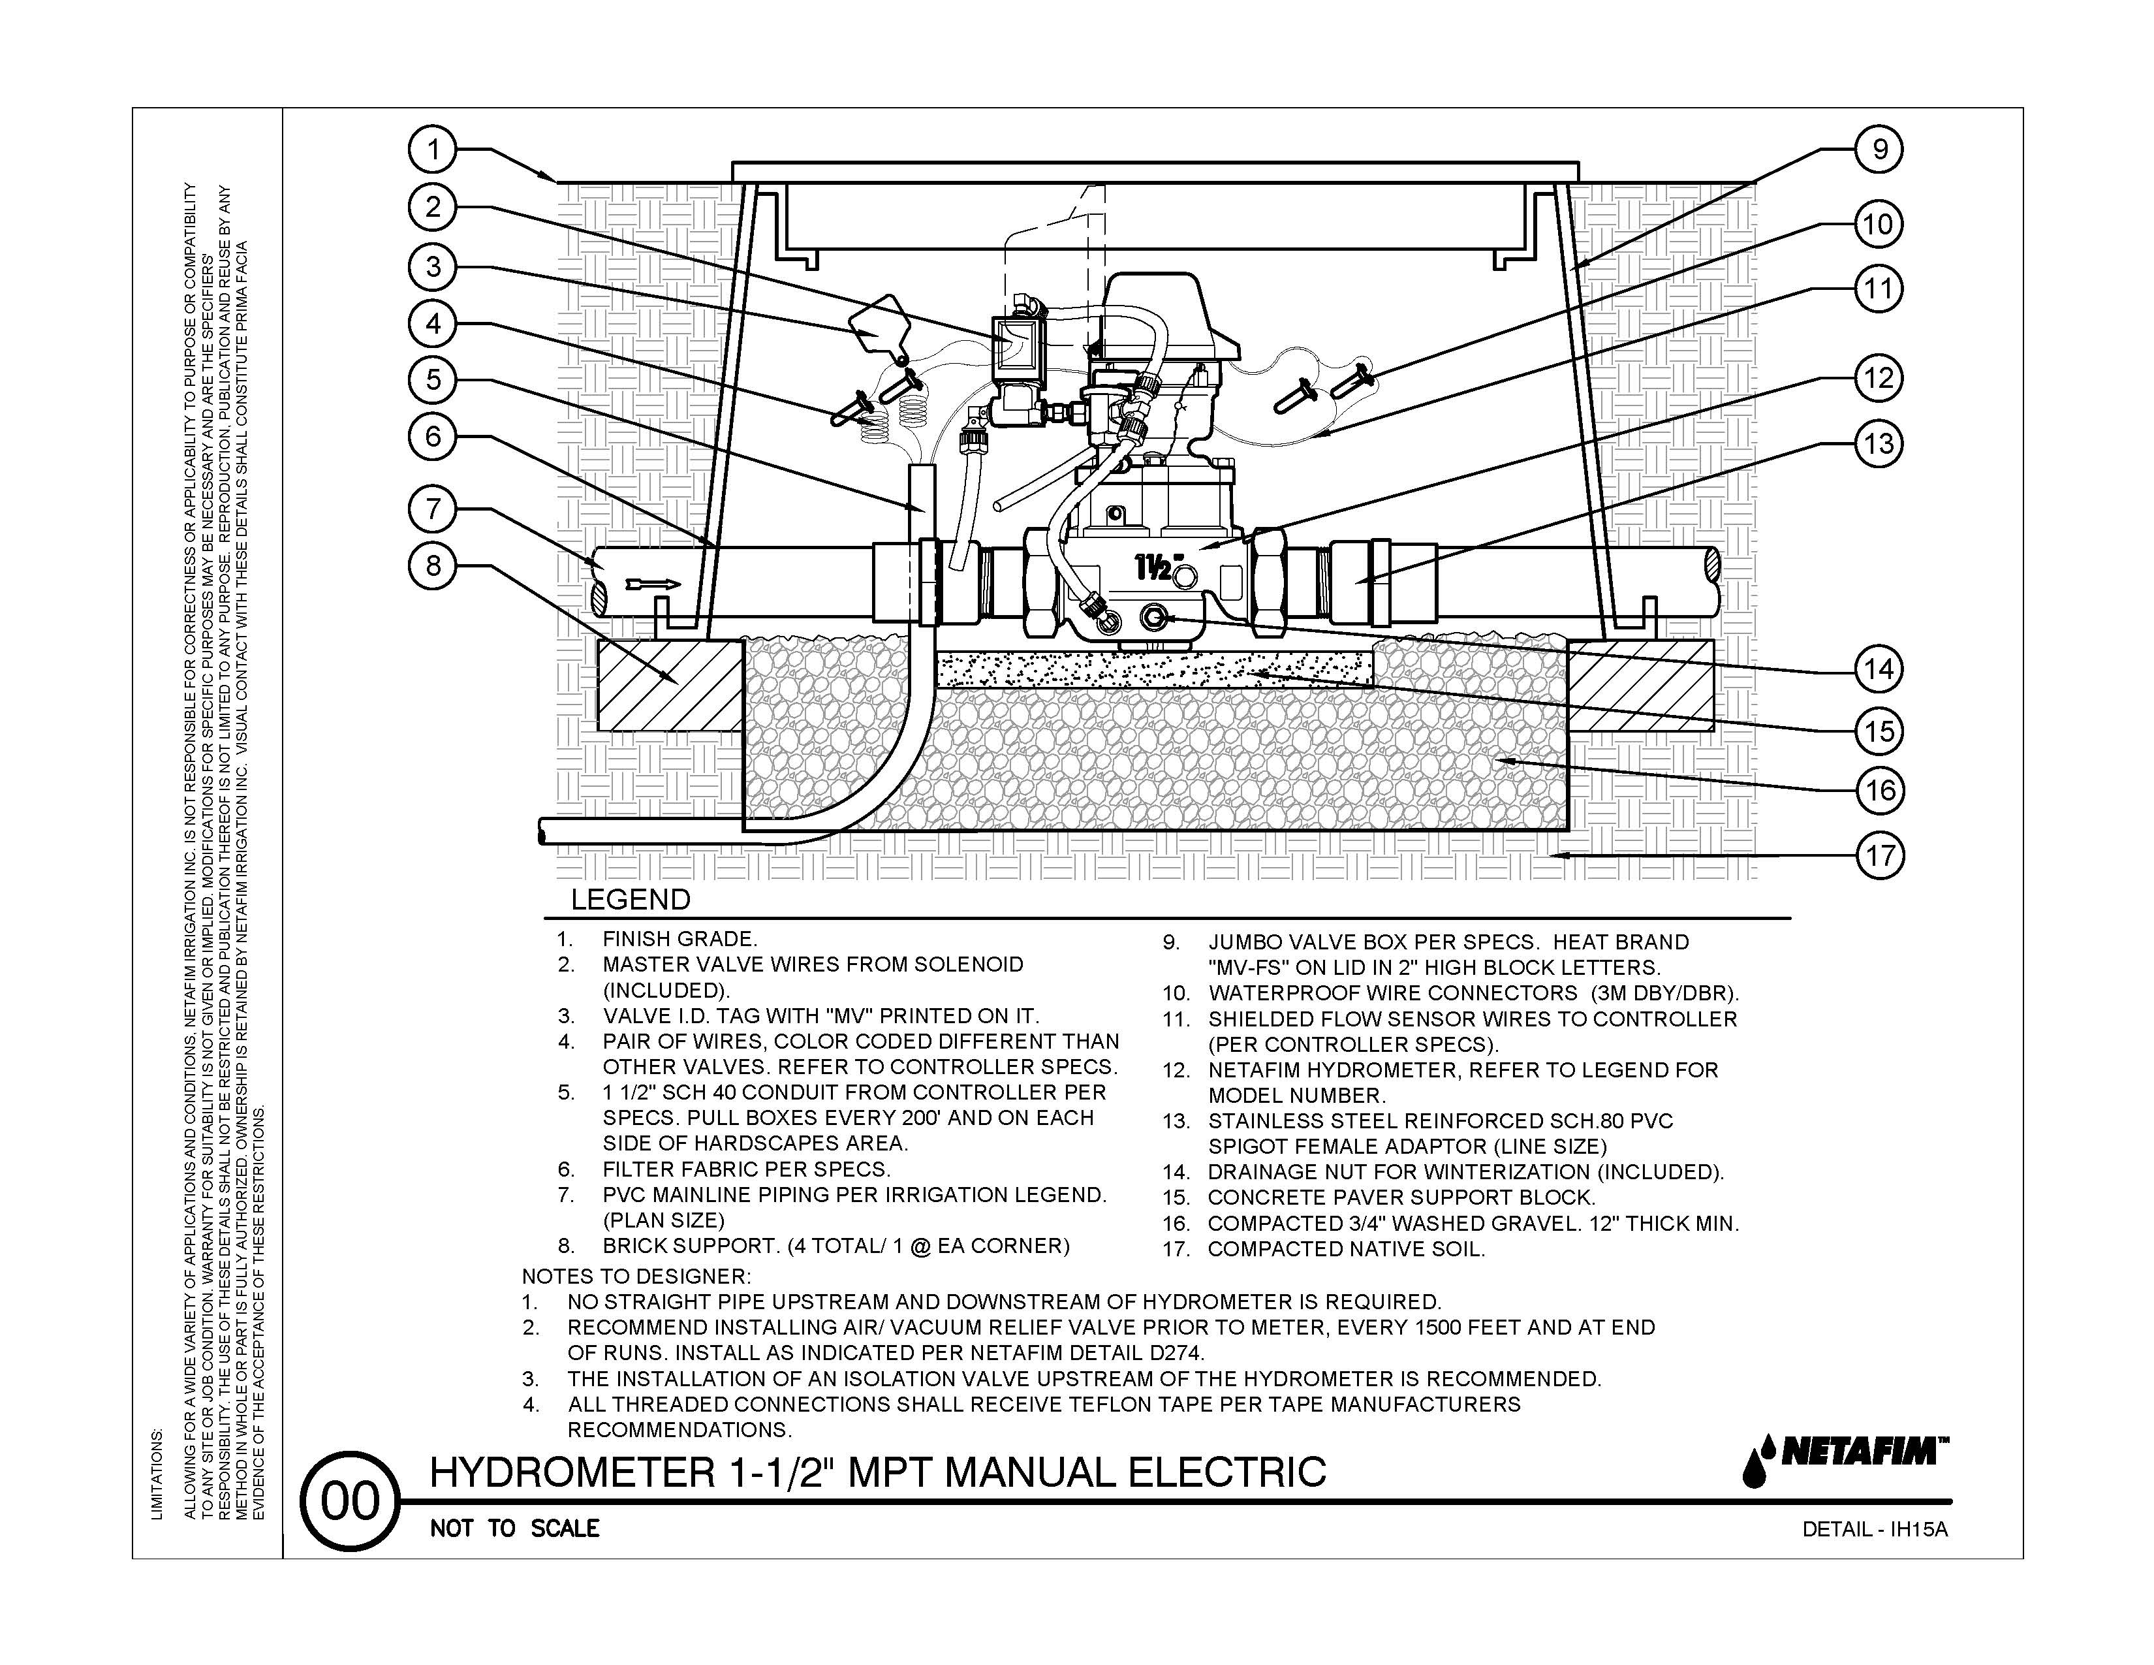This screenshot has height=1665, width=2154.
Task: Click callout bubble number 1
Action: coord(432,150)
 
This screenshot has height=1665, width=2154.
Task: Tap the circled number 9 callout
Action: coord(1879,150)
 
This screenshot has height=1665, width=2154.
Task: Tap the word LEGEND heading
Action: coord(631,900)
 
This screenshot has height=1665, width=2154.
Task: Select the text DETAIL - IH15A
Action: coord(1875,1530)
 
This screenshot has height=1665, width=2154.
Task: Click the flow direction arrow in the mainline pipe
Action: coord(653,585)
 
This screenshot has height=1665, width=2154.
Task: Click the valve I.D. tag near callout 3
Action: coord(878,323)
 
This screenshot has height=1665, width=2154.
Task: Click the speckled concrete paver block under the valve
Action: coord(1154,669)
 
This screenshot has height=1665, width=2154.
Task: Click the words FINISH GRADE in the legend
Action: coord(679,939)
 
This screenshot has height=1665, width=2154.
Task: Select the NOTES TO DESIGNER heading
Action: coord(636,1276)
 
